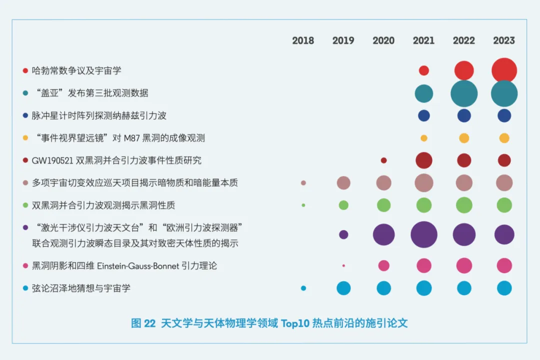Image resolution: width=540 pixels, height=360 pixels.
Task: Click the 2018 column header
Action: click(303, 40)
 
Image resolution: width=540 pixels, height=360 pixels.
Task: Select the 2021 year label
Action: click(423, 40)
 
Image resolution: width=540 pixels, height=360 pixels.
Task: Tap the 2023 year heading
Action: click(504, 40)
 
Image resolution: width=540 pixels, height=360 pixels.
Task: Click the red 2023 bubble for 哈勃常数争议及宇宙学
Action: click(504, 70)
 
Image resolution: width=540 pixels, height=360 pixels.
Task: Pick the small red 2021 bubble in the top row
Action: click(424, 70)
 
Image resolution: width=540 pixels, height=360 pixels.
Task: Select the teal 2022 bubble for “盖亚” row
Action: click(464, 93)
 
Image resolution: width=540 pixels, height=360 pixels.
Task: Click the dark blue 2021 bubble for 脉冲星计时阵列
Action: click(424, 116)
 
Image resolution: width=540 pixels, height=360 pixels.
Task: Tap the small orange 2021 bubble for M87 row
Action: click(424, 138)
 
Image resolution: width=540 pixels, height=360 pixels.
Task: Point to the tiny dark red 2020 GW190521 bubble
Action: click(383, 160)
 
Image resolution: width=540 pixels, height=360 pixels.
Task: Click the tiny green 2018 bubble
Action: click(303, 205)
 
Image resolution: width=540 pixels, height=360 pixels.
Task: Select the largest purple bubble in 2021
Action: click(424, 234)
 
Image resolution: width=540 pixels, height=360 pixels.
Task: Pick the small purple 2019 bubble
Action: click(343, 234)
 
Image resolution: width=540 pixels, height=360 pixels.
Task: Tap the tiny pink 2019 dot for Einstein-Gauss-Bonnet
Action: click(343, 265)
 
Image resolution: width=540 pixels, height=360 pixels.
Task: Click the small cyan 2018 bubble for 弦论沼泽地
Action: click(303, 288)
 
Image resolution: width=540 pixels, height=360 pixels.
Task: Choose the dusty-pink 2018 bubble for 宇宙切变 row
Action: click(303, 183)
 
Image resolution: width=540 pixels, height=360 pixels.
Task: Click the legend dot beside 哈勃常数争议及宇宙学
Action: click(25, 70)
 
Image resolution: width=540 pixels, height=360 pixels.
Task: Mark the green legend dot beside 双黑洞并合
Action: click(25, 205)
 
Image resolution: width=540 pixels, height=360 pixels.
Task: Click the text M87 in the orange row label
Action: click(131, 138)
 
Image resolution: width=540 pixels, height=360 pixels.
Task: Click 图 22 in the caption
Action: click(143, 323)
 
